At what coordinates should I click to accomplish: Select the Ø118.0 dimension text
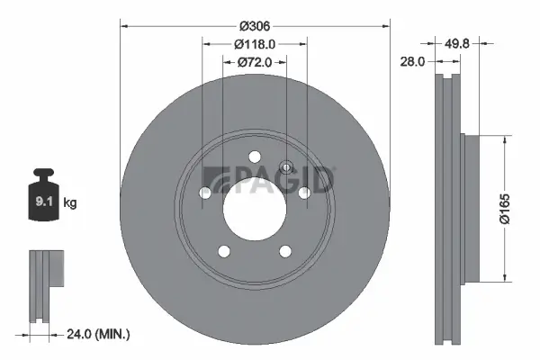tap(255, 44)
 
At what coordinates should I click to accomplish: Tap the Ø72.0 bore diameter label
tap(255, 62)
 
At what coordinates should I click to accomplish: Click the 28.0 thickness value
tap(413, 60)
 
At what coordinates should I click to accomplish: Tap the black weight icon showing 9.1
tap(43, 193)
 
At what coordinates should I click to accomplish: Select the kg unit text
tap(71, 203)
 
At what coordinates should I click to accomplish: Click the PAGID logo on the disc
tap(270, 180)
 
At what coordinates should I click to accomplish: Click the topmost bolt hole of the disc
tap(255, 156)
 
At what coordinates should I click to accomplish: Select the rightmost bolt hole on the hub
tap(304, 191)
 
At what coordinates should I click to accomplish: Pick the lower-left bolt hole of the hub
tap(224, 250)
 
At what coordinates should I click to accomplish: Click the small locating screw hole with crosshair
tap(286, 166)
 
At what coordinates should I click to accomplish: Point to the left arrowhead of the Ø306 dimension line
tap(123, 26)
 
